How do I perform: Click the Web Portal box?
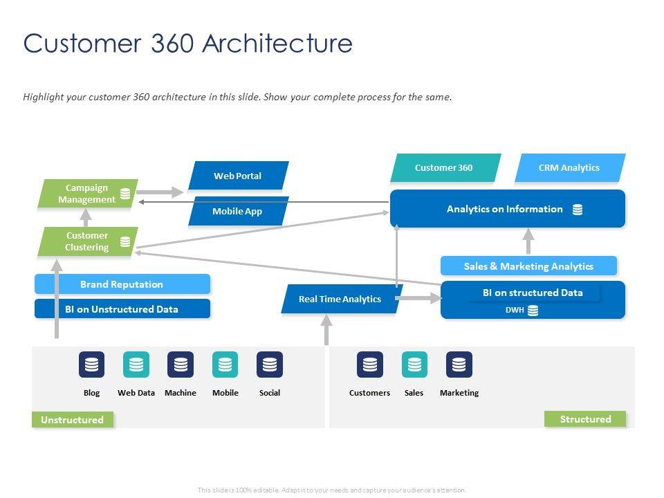click(x=238, y=176)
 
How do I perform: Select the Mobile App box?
click(x=238, y=211)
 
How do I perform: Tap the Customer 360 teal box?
click(x=445, y=167)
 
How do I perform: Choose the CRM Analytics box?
click(x=569, y=167)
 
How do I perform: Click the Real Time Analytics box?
click(x=341, y=299)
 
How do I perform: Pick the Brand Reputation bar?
click(x=122, y=284)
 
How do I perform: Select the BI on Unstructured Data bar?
click(x=122, y=309)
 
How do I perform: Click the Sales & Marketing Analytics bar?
click(x=528, y=266)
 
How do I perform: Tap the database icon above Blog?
click(x=91, y=364)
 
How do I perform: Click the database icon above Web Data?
click(x=136, y=364)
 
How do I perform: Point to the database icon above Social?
click(x=270, y=364)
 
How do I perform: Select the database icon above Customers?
click(x=370, y=364)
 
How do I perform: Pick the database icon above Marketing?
click(x=459, y=364)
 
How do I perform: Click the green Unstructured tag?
click(x=72, y=420)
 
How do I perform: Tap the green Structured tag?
click(x=585, y=419)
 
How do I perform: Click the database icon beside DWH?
click(x=533, y=311)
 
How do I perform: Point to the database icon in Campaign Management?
click(x=125, y=194)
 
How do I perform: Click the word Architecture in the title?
click(x=278, y=44)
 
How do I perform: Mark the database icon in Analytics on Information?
click(x=578, y=210)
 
